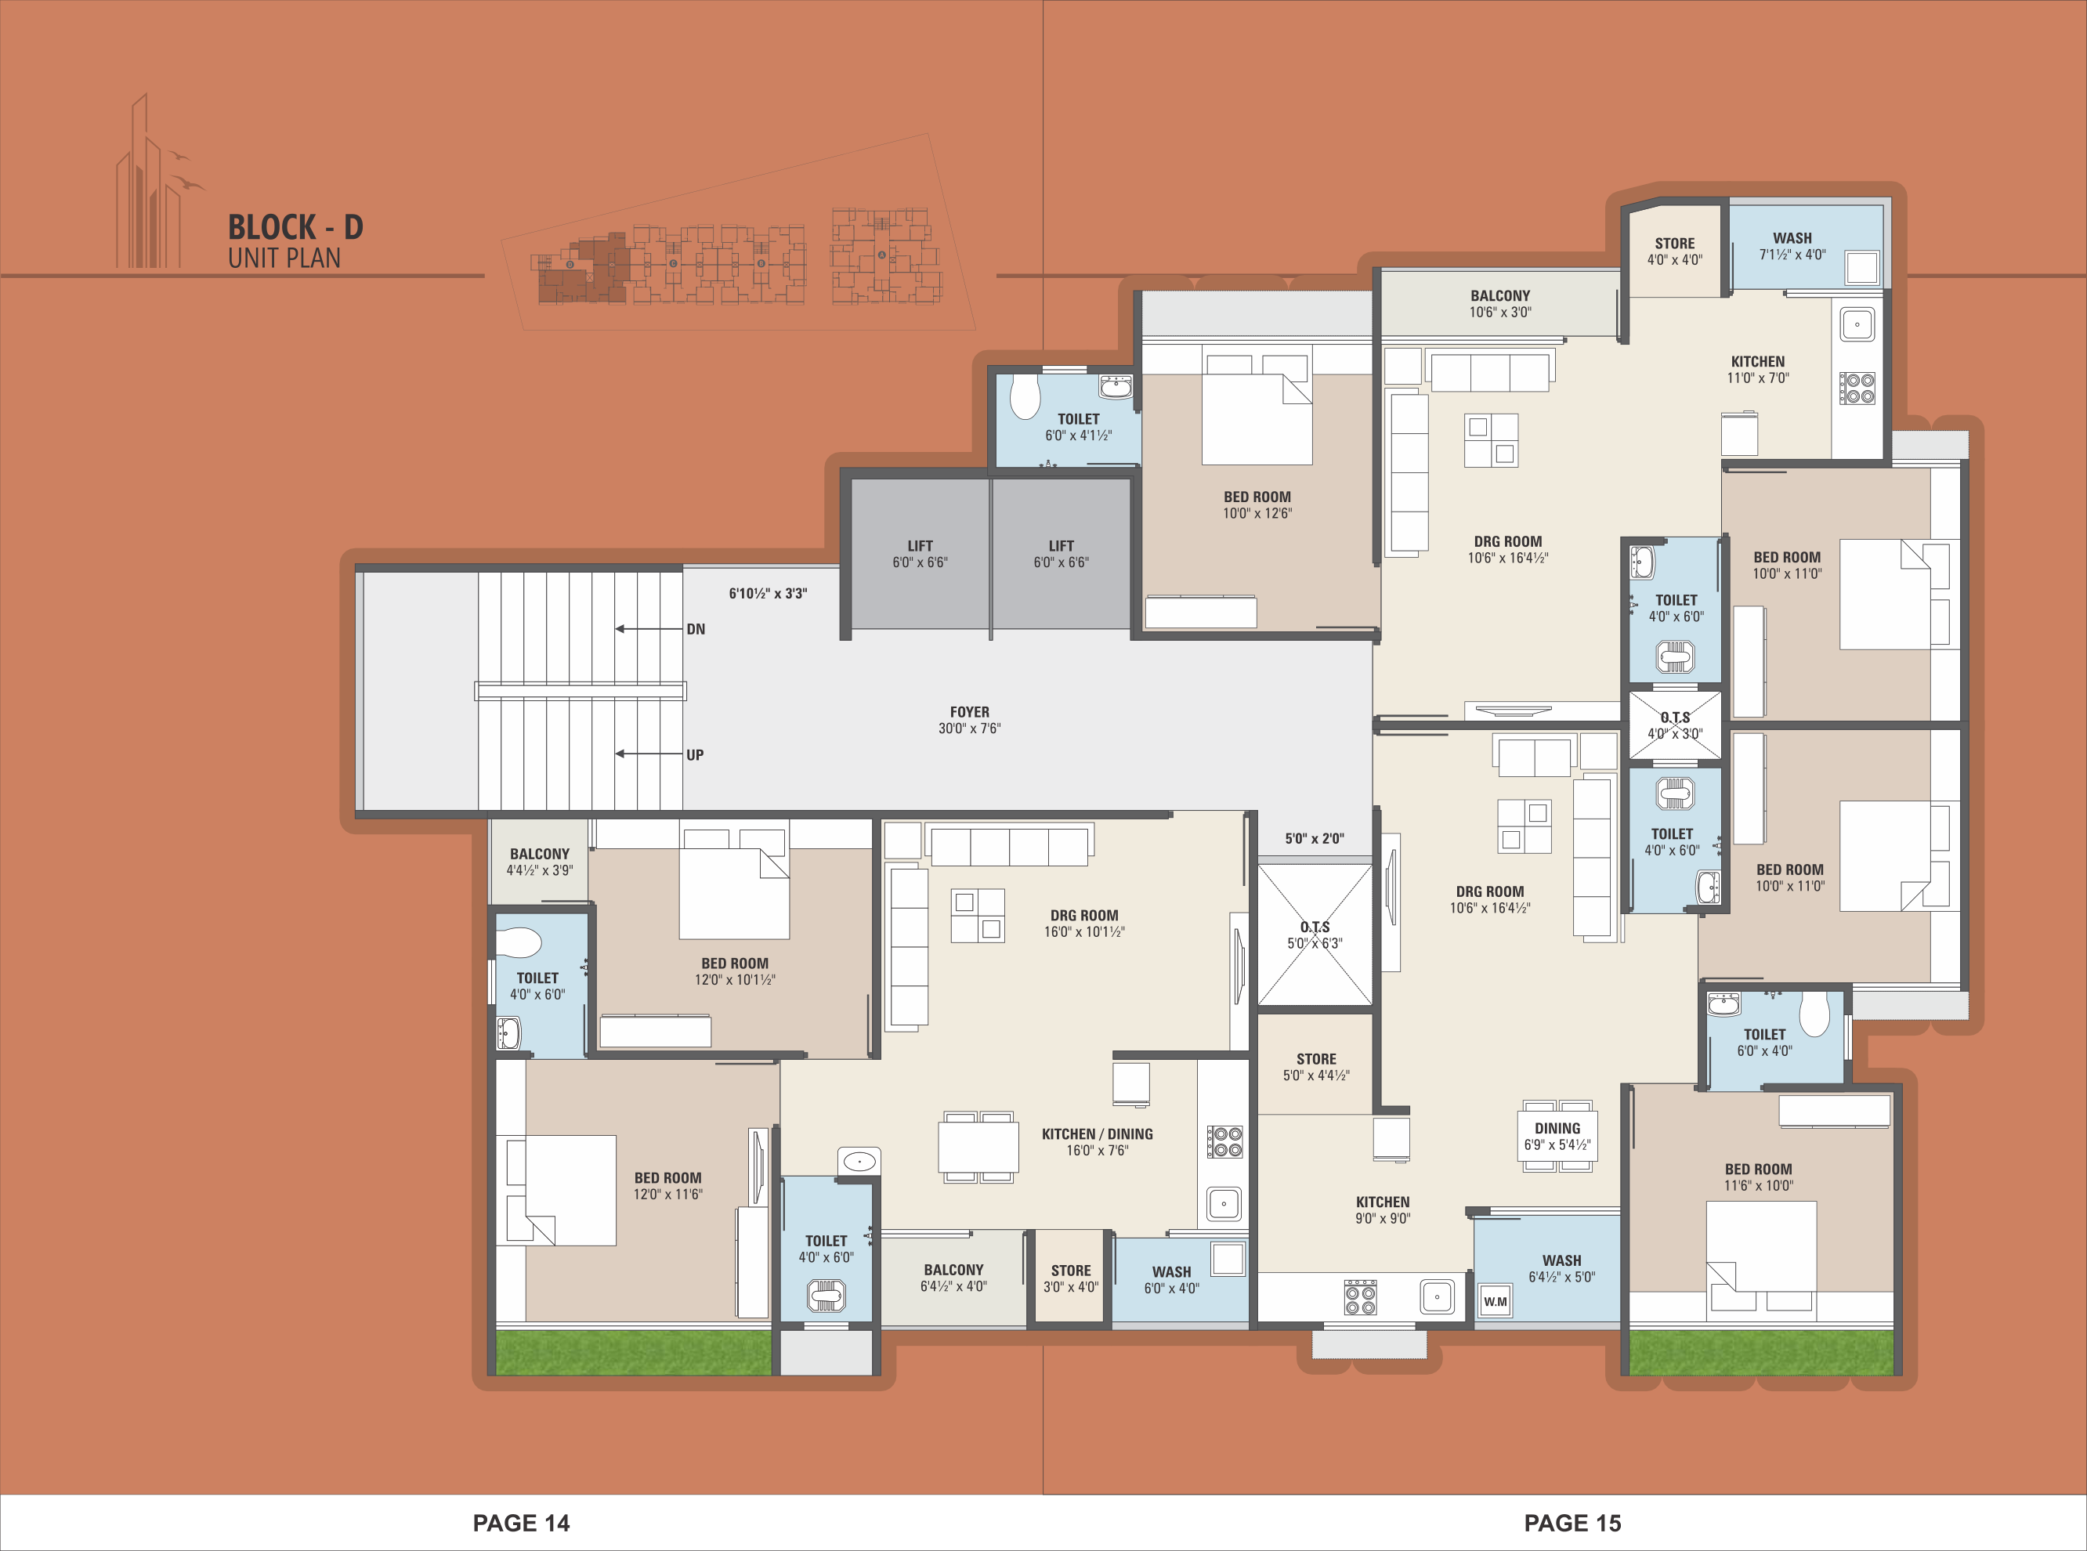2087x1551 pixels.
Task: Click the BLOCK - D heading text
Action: click(x=295, y=227)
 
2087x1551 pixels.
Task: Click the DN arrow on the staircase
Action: click(x=649, y=629)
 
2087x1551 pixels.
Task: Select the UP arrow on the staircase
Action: click(x=649, y=754)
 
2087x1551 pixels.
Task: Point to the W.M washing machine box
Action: click(x=1496, y=1301)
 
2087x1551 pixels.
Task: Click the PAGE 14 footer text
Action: click(x=521, y=1523)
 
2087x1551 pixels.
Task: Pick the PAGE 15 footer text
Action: click(x=1572, y=1523)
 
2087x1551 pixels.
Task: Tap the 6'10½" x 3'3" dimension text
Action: click(x=768, y=593)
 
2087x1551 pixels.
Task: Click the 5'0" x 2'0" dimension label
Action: click(x=1315, y=838)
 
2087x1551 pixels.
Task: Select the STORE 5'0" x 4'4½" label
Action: click(x=1316, y=1068)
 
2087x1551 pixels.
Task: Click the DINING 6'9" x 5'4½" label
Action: click(x=1557, y=1137)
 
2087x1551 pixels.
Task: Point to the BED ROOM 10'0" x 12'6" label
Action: click(x=1257, y=505)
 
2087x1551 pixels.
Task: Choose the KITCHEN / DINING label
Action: click(x=1098, y=1134)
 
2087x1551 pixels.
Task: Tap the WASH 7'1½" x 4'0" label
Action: click(x=1792, y=246)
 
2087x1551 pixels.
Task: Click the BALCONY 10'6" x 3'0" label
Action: click(x=1500, y=304)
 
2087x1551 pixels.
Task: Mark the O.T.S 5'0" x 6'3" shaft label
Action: click(x=1315, y=935)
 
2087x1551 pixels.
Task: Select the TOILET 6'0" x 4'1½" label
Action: click(x=1079, y=427)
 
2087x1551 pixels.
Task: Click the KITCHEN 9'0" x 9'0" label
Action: click(x=1383, y=1210)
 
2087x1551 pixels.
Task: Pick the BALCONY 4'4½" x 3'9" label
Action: click(x=540, y=862)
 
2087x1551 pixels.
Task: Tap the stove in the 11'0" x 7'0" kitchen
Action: click(x=1857, y=388)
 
